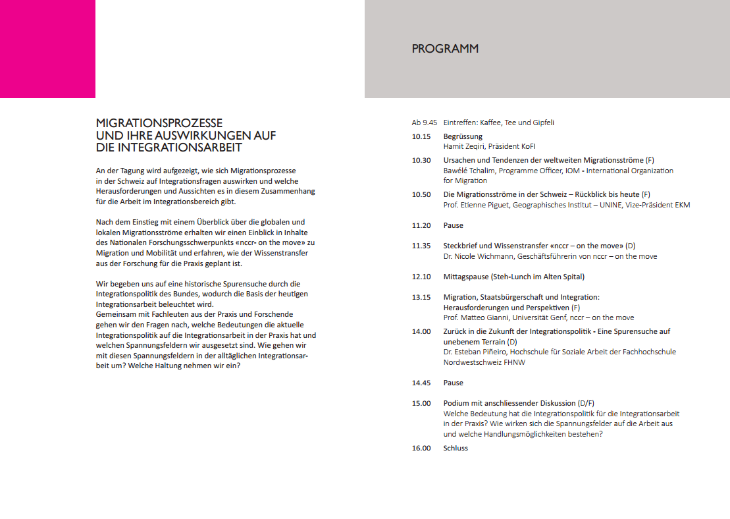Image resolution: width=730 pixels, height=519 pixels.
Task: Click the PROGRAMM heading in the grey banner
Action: pyautogui.click(x=445, y=49)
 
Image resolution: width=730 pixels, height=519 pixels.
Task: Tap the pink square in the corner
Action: pyautogui.click(x=47, y=49)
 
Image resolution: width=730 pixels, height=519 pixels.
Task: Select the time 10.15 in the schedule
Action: pyautogui.click(x=421, y=136)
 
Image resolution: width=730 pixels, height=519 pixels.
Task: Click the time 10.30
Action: pyautogui.click(x=421, y=160)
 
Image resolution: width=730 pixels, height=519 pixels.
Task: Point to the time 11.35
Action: pyautogui.click(x=421, y=246)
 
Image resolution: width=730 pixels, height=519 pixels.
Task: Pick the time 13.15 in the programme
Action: pyautogui.click(x=421, y=297)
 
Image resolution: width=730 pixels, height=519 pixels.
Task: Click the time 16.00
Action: pyautogui.click(x=421, y=448)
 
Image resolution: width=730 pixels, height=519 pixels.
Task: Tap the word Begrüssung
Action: pyautogui.click(x=463, y=136)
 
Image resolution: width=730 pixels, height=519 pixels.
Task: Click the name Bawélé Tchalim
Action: pyautogui.click(x=469, y=171)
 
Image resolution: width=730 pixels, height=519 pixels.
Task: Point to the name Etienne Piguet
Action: pyautogui.click(x=484, y=205)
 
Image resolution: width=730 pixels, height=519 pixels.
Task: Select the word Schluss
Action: pyautogui.click(x=456, y=448)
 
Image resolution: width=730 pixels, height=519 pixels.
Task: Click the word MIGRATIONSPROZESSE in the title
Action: pyautogui.click(x=159, y=123)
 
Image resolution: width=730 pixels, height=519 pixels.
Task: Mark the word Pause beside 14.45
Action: pyautogui.click(x=453, y=383)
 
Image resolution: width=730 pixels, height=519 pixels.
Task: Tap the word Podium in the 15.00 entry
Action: pyautogui.click(x=456, y=403)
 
